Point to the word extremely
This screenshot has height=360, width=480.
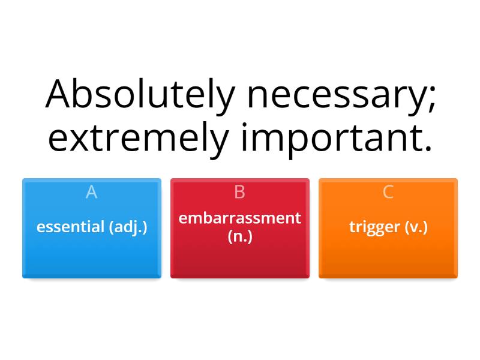point(139,138)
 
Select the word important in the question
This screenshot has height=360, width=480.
point(328,138)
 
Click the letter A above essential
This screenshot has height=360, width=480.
point(91,192)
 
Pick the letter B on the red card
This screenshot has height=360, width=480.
point(239,192)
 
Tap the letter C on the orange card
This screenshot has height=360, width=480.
point(388,192)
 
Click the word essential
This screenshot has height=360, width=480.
point(70,227)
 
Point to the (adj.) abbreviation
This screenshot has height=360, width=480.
point(127,227)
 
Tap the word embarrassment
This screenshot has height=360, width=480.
point(240,218)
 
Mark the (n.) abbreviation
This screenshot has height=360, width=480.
point(240,236)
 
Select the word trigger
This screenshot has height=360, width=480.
point(374,227)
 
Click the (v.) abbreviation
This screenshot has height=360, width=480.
point(416,227)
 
